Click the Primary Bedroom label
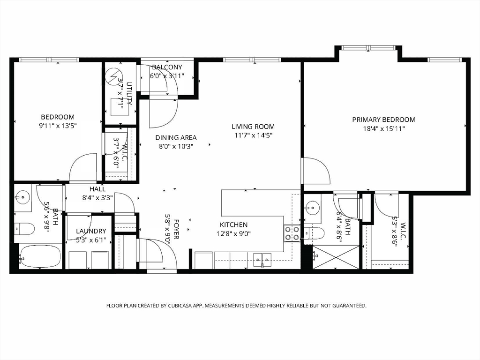point(383,120)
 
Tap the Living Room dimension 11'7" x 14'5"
point(253,135)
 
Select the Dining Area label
point(176,138)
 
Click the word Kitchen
point(233,225)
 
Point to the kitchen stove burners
point(292,233)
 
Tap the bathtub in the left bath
point(41,256)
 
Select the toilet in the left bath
point(24,229)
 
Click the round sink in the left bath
point(22,196)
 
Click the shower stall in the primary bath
point(336,257)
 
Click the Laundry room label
point(91,231)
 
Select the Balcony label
point(167,67)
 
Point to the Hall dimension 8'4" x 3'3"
point(97,198)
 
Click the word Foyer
point(176,229)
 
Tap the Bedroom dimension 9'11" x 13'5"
point(58,126)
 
